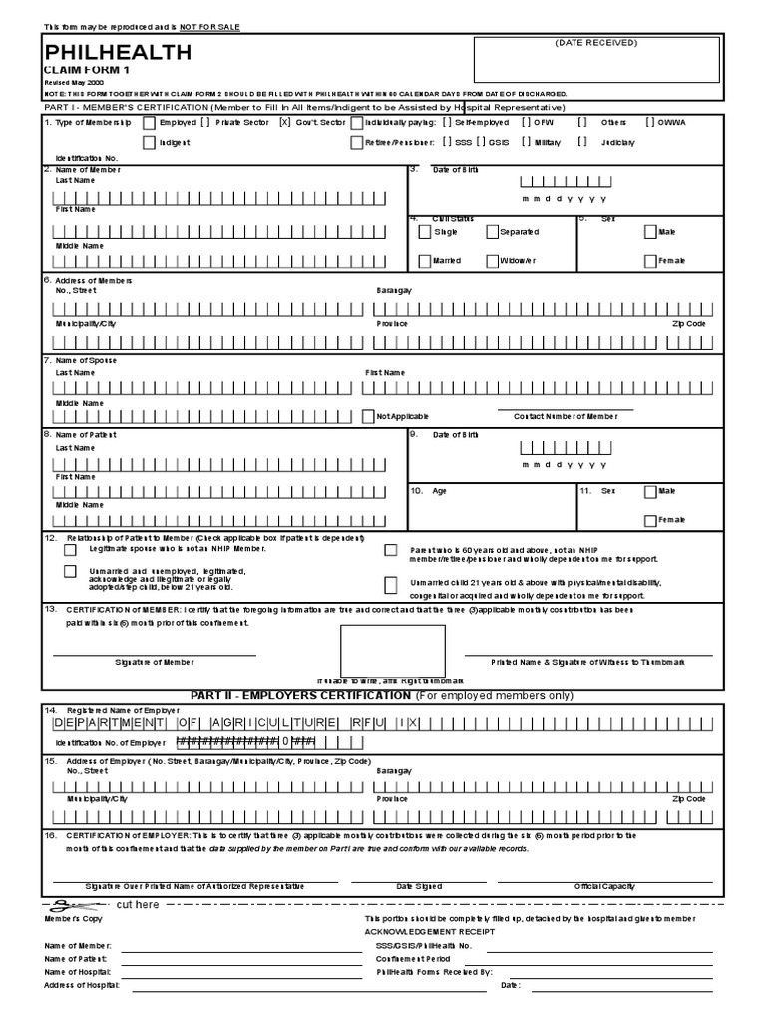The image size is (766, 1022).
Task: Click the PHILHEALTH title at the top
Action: [118, 53]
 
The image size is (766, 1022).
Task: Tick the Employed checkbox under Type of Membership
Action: [150, 122]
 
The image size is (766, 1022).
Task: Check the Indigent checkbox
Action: [150, 143]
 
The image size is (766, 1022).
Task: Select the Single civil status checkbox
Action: [425, 232]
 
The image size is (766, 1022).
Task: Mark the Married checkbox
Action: [425, 261]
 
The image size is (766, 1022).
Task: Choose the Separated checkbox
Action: [493, 232]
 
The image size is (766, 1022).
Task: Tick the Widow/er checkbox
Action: [493, 261]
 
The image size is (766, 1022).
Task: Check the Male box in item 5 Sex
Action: [650, 232]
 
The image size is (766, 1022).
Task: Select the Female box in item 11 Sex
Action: [650, 520]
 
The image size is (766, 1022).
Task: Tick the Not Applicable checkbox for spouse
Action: [369, 415]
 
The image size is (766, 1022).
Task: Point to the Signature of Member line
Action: [154, 655]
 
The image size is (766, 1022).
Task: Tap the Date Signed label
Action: [419, 886]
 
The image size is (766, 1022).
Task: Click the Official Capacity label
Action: [605, 886]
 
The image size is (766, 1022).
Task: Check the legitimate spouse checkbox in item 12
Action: [70, 547]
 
